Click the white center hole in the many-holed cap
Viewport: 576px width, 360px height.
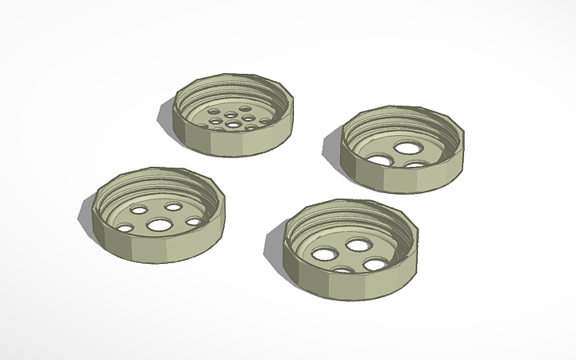pos(232,125)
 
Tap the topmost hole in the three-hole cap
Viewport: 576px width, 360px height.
pos(408,148)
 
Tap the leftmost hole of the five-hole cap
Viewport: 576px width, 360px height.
pos(126,228)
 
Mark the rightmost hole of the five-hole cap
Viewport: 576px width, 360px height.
pos(193,222)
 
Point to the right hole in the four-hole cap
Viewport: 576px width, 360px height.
pos(373,265)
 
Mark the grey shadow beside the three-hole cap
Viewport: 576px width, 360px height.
pos(332,146)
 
